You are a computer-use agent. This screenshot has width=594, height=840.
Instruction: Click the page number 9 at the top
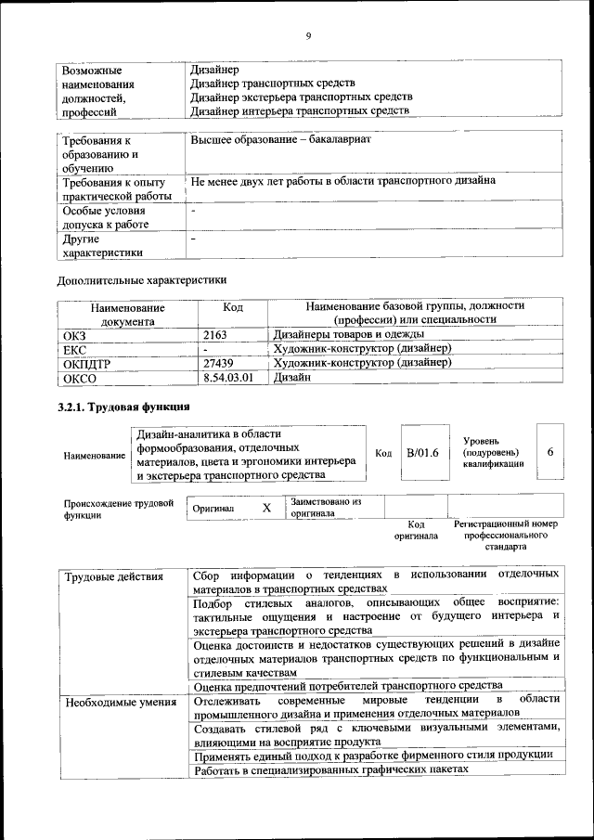[x=307, y=36]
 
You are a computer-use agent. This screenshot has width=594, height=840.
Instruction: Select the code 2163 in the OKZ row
[x=215, y=333]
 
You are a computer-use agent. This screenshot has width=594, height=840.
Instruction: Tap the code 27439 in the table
[x=219, y=363]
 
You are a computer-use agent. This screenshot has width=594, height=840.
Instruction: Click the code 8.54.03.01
[x=227, y=378]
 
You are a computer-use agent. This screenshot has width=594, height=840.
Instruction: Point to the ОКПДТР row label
[x=86, y=364]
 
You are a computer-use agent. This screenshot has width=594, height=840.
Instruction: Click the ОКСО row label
[x=80, y=379]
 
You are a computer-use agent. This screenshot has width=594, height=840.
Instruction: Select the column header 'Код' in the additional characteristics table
[x=234, y=307]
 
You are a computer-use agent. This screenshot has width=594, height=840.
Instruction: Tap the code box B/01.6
[x=422, y=452]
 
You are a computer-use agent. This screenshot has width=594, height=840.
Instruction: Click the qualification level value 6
[x=550, y=451]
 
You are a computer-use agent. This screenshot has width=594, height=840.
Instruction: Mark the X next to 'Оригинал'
[x=266, y=509]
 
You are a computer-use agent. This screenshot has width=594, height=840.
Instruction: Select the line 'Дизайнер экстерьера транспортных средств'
[x=301, y=97]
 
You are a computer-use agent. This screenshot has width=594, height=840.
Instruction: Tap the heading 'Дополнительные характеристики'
[x=142, y=278]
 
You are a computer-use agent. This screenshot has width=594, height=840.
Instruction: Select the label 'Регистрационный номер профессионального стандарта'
[x=506, y=536]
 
